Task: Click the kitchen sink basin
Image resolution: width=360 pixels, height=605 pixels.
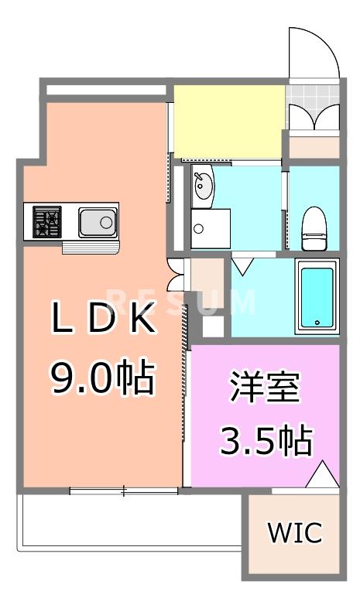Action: coord(98,224)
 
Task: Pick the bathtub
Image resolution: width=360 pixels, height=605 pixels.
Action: coord(316,297)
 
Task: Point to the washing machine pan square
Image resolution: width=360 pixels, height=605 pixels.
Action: coord(211,228)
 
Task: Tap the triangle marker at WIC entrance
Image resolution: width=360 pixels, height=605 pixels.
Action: coord(324,473)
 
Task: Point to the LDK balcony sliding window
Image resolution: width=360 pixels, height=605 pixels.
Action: coord(124,490)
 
